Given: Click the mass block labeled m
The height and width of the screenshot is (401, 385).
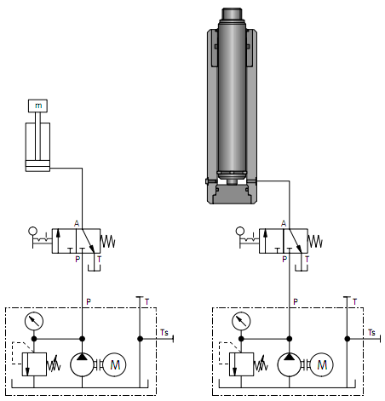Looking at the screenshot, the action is pos(37,106).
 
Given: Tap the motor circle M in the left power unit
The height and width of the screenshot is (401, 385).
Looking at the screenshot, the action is pos(114,364).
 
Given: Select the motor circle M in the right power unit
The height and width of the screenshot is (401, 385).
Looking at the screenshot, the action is pos(321,364).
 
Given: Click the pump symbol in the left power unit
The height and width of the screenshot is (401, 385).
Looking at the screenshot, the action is pos(82,364).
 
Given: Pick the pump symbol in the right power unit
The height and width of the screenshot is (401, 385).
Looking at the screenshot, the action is pos(289,364).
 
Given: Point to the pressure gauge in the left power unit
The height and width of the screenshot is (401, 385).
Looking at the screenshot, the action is pos(34,321).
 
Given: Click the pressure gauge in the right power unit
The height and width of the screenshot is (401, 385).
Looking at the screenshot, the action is pos(241,321).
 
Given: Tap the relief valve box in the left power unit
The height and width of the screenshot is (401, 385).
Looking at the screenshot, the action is pos(34,364).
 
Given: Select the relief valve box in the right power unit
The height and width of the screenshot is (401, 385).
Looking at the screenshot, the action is pos(241,364).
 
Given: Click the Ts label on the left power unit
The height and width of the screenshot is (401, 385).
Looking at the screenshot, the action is pos(164,332).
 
